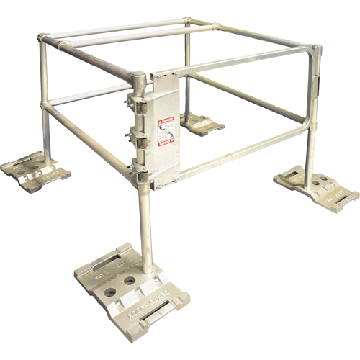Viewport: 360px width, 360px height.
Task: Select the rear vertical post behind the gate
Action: pyautogui.click(x=187, y=72)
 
